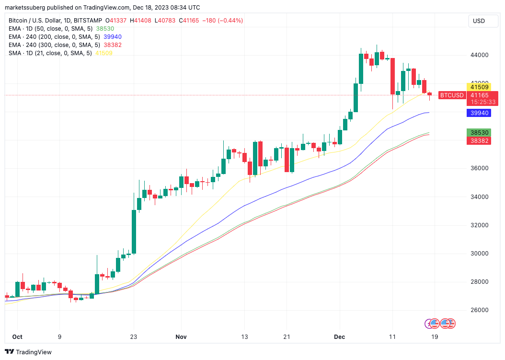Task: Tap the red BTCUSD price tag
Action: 452,95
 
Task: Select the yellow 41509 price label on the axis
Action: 479,87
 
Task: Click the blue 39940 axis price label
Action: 479,113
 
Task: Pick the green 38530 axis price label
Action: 479,132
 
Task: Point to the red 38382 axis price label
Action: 479,140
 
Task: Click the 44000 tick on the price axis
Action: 479,55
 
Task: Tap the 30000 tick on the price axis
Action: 479,253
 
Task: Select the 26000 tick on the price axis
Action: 479,310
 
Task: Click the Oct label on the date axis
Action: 17,337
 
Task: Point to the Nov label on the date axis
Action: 181,337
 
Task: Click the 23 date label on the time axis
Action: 134,337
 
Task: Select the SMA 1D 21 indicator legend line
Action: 50,53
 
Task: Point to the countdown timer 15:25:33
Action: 479,102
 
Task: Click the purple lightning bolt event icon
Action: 429,324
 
